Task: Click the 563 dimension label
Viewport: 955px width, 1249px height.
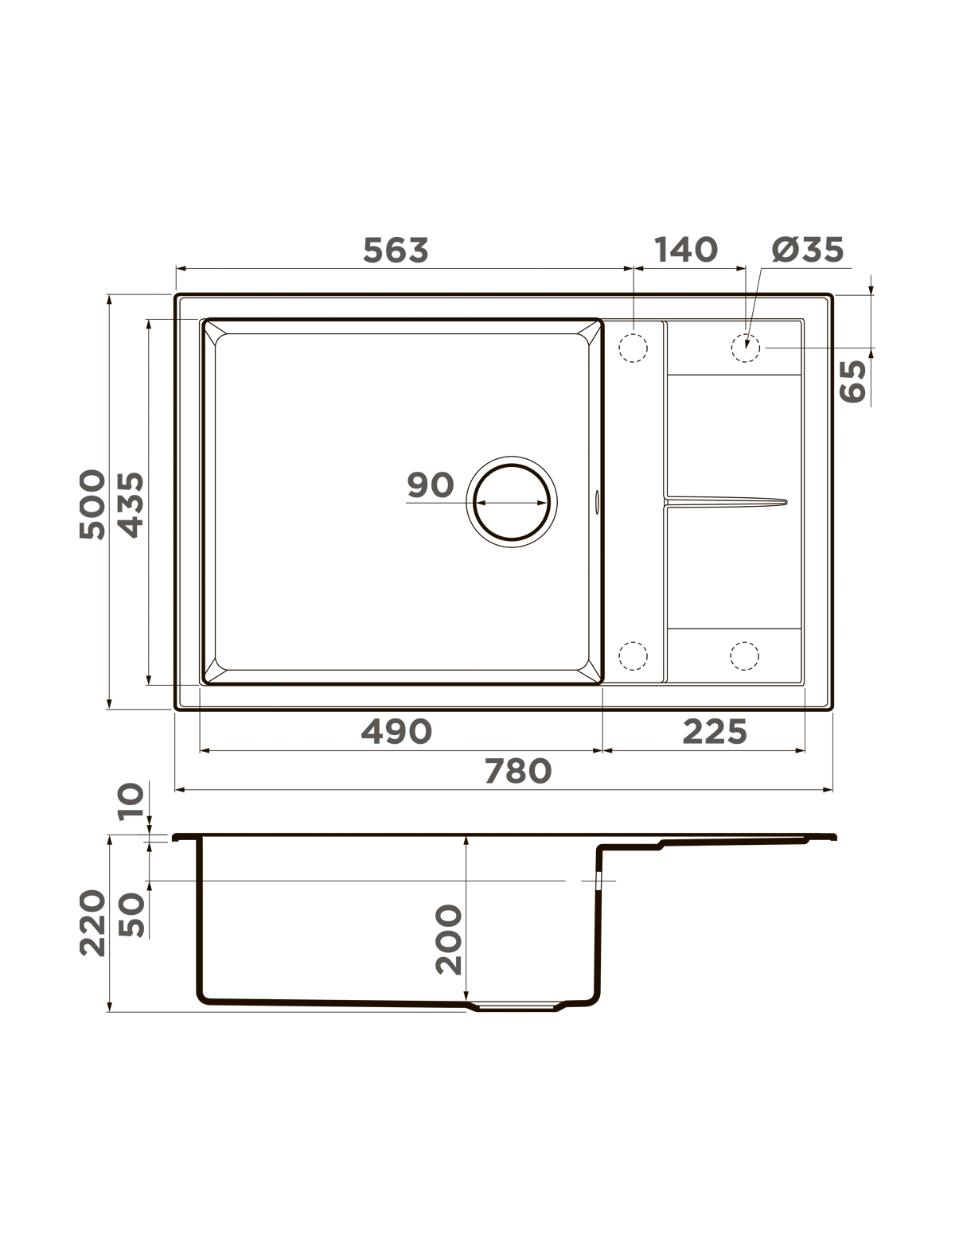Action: [396, 251]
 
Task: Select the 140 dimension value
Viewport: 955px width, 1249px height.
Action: [686, 250]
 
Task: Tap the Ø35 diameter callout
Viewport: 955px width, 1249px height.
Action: [808, 250]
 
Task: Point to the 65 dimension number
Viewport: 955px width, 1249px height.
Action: [853, 382]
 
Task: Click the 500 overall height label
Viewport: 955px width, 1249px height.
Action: [92, 504]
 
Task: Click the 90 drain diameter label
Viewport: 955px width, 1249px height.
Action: [431, 485]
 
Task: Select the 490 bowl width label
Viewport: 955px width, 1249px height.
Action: [396, 731]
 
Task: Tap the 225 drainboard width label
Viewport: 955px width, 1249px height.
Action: [714, 731]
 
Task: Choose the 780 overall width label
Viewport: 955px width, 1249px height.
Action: [518, 771]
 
